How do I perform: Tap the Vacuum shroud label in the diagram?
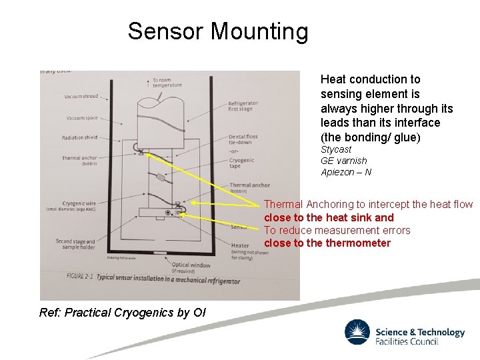click(x=81, y=97)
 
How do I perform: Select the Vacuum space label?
click(x=82, y=118)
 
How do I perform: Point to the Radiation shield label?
click(x=79, y=138)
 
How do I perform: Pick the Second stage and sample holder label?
click(x=75, y=244)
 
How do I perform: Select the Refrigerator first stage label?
click(x=243, y=107)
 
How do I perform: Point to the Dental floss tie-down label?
click(x=243, y=139)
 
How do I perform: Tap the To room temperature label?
click(x=167, y=83)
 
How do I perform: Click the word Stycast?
click(x=336, y=150)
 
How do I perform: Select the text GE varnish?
click(x=344, y=161)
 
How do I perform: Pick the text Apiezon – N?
click(x=346, y=172)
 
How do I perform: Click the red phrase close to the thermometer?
click(x=327, y=243)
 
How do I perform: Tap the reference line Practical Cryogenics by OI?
click(x=123, y=313)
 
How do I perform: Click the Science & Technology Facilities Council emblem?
click(x=357, y=332)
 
